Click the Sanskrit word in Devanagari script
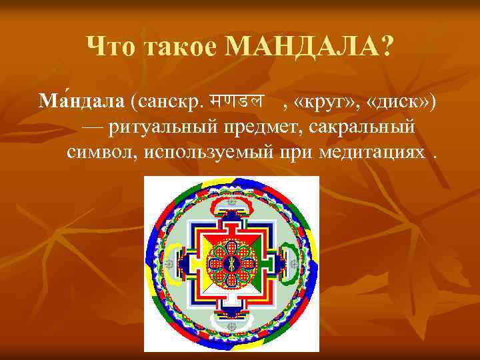point(235,101)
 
